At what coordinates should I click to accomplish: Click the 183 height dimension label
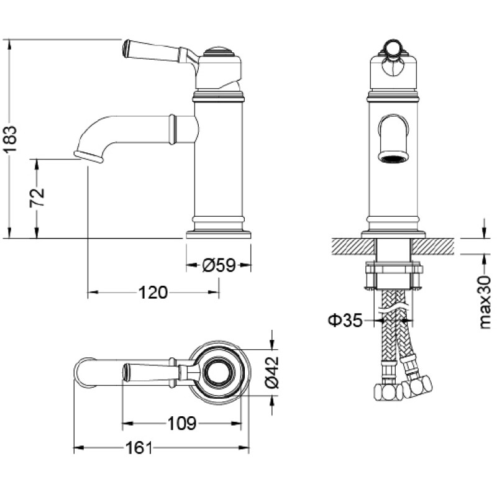point(11,139)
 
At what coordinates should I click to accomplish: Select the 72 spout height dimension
point(37,198)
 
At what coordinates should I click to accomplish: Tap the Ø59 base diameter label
point(219,265)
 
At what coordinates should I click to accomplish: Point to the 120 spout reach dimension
point(153,292)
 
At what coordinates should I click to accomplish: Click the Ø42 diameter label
point(271,373)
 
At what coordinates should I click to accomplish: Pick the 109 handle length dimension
point(181,423)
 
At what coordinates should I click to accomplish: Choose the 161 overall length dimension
point(139,448)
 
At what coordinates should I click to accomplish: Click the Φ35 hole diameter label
point(345,321)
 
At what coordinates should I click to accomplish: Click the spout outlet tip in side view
point(89,157)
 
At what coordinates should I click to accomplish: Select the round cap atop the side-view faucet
point(219,52)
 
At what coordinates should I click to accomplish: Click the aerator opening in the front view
point(393,158)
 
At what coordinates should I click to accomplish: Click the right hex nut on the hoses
point(417,386)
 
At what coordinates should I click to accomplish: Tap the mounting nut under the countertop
point(394,275)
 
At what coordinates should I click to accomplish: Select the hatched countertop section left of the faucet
point(353,246)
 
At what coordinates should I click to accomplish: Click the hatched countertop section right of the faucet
point(433,246)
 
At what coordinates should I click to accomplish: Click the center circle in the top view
point(219,373)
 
